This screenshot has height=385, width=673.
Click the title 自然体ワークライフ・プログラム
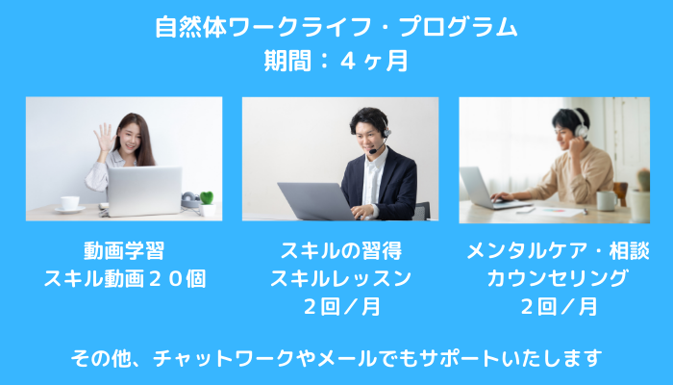tap(336, 28)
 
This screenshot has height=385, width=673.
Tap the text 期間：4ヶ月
tap(336, 61)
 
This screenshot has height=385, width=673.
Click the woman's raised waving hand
tap(104, 138)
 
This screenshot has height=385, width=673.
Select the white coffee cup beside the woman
tap(69, 203)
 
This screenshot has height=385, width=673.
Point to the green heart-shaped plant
tap(207, 198)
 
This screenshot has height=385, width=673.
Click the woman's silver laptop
tap(144, 192)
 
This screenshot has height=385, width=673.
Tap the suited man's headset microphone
tap(373, 151)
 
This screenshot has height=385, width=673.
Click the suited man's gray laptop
tap(316, 201)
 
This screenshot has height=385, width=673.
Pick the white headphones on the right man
tap(581, 124)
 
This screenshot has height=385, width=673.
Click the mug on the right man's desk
tap(607, 200)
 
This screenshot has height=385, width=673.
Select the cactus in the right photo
tap(643, 180)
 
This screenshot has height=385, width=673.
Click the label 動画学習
tap(124, 250)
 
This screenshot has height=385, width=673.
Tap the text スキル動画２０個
tap(124, 278)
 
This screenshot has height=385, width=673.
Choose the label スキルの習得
tap(340, 250)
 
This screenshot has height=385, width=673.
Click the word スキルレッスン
tap(340, 278)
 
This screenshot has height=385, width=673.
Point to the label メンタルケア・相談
tap(558, 250)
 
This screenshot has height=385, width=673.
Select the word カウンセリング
tap(558, 278)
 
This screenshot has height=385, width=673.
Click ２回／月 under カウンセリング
tap(559, 307)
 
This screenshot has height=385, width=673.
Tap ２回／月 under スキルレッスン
tap(341, 307)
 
